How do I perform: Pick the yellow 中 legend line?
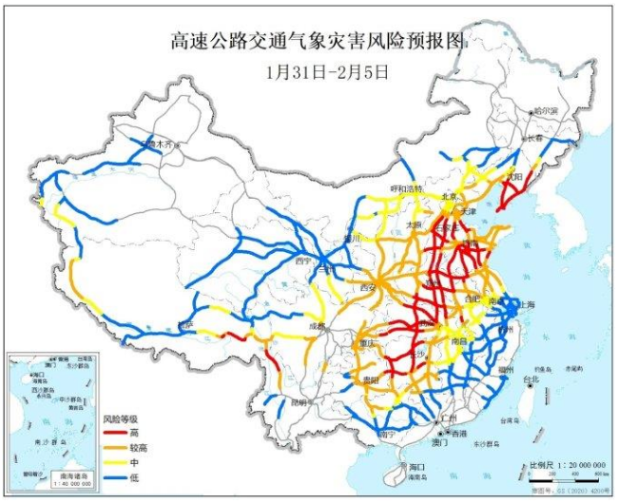pos(114,458)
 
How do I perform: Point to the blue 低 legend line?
pos(114,473)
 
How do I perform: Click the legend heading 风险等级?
pos(121,417)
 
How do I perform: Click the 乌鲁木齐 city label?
pos(157,144)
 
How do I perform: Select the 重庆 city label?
pos(368,342)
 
